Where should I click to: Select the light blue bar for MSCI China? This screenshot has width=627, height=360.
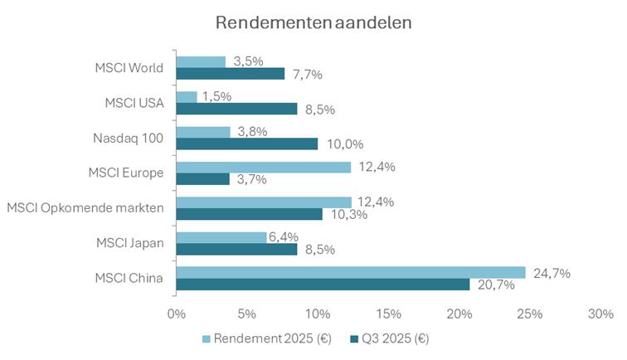pos(351,272)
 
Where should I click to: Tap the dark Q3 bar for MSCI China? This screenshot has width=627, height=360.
pos(323,285)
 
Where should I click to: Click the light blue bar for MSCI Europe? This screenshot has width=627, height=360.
pos(264,167)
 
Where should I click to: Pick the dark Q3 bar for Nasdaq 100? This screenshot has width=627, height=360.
pos(247,144)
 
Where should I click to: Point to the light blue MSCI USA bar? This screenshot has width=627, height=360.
pos(187,97)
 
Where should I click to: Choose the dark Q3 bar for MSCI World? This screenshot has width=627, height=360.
pos(231,74)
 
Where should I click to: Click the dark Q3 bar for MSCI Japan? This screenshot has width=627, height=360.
pos(236,249)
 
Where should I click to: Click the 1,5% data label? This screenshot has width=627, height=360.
pos(216,96)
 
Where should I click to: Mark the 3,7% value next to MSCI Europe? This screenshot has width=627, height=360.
pos(250,179)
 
